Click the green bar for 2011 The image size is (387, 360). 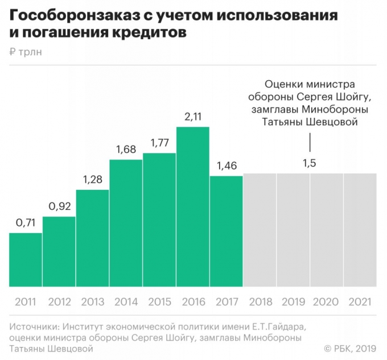click(26, 259)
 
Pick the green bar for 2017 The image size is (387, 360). click(226, 231)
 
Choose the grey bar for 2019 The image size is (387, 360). click(293, 230)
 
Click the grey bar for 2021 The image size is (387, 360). click(360, 230)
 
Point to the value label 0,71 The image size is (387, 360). click(26, 223)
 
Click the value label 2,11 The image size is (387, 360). click(193, 117)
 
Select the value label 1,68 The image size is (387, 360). click(126, 150)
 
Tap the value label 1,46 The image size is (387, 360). click(226, 166)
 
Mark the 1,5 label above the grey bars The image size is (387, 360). click(309, 163)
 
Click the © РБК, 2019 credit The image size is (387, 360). click(349, 348)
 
